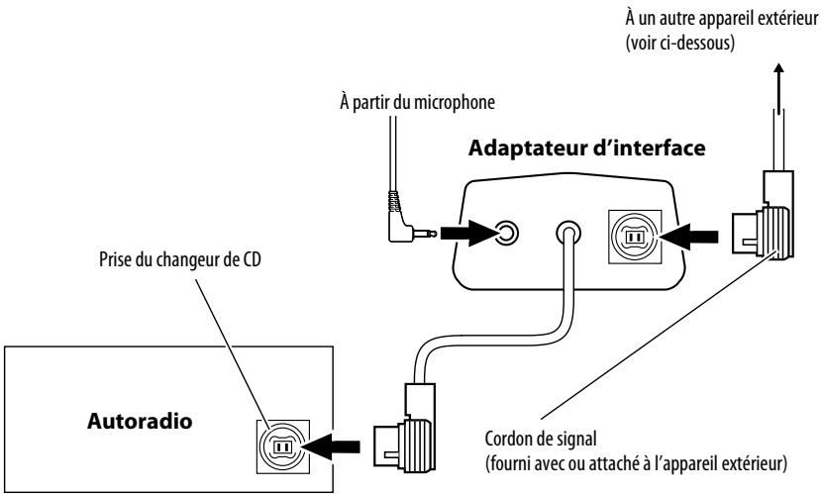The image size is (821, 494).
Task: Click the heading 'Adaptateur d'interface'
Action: point(586,148)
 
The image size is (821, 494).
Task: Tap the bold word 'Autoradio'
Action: point(140,421)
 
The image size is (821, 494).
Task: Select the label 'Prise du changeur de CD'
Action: point(180,259)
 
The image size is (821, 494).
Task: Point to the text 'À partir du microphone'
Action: point(417,102)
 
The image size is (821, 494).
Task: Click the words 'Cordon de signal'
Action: point(541,438)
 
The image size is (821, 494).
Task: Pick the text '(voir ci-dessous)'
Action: point(680,43)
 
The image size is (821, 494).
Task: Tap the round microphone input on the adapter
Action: point(506,233)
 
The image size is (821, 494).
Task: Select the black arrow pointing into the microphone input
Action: point(467,233)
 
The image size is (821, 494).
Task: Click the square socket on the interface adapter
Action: point(635,237)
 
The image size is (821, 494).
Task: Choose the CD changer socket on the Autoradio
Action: point(282,446)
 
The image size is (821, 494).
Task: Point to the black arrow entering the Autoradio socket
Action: point(332,446)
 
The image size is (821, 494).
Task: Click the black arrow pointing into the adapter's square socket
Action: point(688,237)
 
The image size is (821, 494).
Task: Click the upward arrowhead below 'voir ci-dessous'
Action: point(779,68)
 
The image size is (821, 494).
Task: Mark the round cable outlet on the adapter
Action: point(568,233)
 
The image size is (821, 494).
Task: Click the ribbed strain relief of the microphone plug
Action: point(394,201)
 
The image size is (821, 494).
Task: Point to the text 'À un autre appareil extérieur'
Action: point(721,19)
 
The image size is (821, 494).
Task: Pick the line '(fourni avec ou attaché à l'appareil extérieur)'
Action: point(636,463)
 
